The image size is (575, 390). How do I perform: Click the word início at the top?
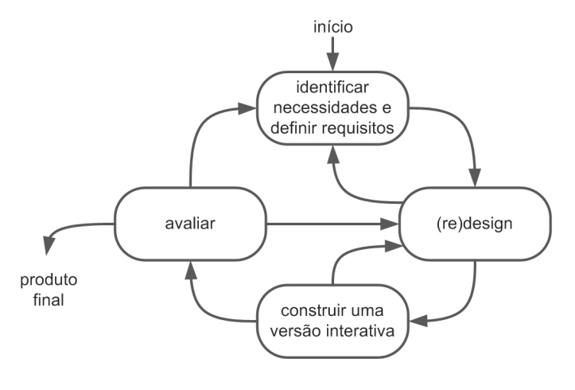[333, 27]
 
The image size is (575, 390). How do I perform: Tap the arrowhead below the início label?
[333, 61]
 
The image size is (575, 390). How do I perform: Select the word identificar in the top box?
[332, 88]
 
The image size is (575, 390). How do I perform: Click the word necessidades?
[323, 108]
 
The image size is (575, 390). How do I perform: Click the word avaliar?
[190, 224]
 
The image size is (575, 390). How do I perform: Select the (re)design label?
[475, 224]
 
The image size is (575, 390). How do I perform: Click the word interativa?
[360, 331]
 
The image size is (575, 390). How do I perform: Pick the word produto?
[49, 280]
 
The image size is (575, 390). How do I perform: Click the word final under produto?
[49, 300]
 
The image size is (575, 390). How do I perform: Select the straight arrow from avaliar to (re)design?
[332, 224]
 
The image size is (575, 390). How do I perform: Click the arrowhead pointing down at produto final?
[48, 245]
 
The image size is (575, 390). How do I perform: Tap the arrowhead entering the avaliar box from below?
[190, 270]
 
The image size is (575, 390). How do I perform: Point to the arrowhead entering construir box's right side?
[418, 321]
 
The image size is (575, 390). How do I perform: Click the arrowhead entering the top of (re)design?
[475, 177]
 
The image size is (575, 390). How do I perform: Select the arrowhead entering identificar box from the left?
[247, 108]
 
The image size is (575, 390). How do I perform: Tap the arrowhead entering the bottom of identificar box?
[333, 154]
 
